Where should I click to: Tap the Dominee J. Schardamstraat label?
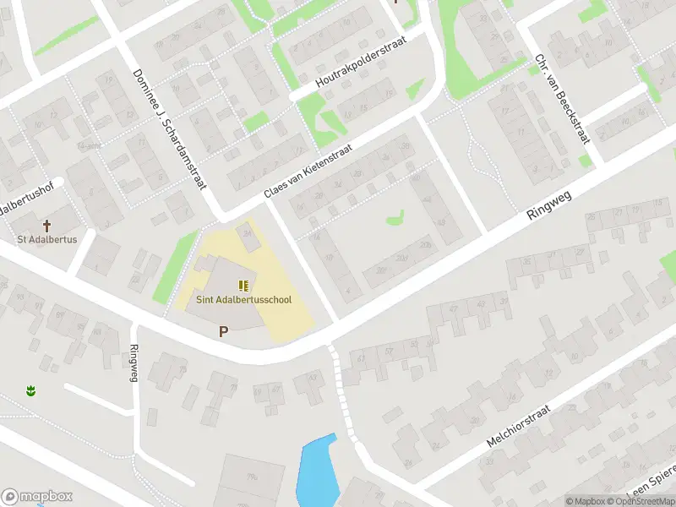(x=169, y=128)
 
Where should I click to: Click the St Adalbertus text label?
(x=47, y=240)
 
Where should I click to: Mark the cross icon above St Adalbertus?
(x=47, y=226)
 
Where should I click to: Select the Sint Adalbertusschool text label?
(x=244, y=300)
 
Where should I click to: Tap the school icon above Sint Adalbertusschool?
(x=243, y=286)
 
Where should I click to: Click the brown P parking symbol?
(x=223, y=332)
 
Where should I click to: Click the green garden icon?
(x=31, y=391)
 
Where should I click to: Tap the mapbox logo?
(x=35, y=496)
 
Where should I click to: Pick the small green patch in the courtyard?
(x=395, y=219)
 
